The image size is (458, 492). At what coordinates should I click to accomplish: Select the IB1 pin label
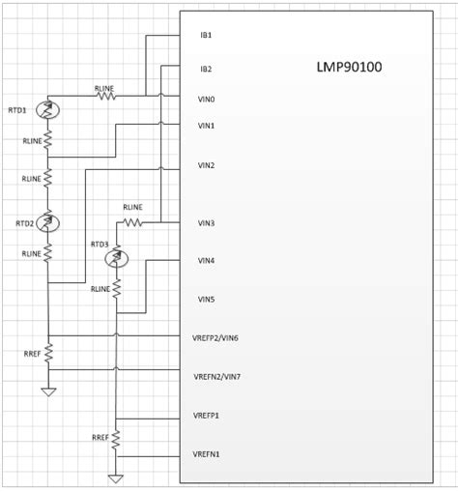[205, 36]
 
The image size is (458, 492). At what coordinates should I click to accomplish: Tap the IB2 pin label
[205, 69]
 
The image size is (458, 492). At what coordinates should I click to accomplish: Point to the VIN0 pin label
[206, 99]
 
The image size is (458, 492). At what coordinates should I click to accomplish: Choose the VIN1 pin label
[206, 126]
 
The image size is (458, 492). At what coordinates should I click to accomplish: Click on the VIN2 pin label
[206, 165]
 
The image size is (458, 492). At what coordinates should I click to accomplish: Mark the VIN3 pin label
[206, 223]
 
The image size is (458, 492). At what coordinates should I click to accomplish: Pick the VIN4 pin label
[206, 261]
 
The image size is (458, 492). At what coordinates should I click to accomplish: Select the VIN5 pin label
[206, 299]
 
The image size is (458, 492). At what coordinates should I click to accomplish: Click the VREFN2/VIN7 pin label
[216, 375]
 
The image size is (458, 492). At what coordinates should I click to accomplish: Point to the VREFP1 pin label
[207, 415]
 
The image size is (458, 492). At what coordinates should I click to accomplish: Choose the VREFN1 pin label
[207, 453]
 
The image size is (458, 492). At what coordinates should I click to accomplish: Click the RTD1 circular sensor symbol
[48, 111]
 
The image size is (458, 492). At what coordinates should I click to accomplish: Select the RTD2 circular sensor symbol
[48, 223]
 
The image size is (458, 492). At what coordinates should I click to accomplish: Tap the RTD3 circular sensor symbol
[117, 258]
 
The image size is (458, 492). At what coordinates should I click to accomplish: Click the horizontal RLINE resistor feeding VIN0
[104, 96]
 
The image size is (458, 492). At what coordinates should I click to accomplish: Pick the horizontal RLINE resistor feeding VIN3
[132, 222]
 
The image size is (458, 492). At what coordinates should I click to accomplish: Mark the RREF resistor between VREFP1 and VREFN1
[117, 439]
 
